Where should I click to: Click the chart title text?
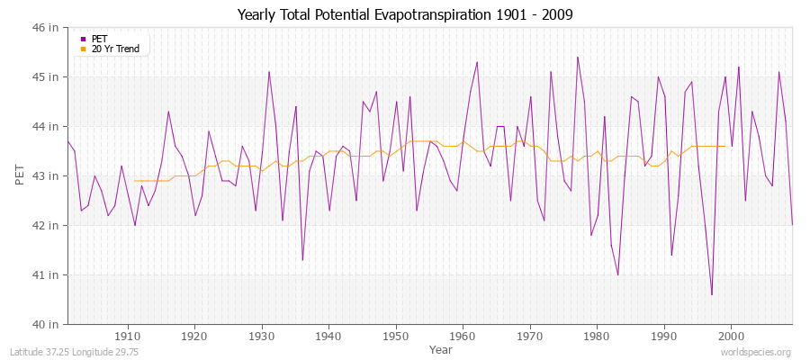404,14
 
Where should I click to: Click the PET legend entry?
99,39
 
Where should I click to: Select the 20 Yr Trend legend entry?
115,49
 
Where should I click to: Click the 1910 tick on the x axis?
127,336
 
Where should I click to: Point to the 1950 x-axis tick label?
395,336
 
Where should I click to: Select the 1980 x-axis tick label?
597,336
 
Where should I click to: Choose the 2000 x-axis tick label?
731,336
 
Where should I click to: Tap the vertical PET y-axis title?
21,175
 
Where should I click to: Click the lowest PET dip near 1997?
711,294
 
